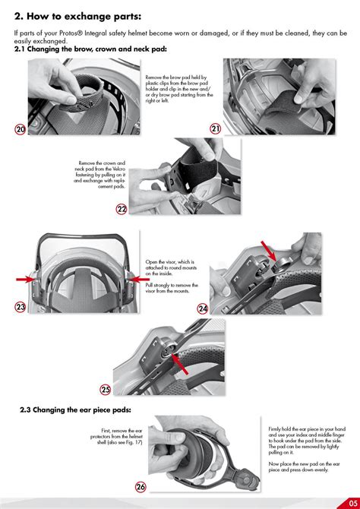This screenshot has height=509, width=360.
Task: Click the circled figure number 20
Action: pyautogui.click(x=21, y=129)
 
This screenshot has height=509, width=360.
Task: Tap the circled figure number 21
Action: pyautogui.click(x=215, y=128)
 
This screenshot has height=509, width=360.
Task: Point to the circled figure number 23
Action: pyautogui.click(x=21, y=307)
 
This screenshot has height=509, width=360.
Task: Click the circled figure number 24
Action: pyautogui.click(x=203, y=308)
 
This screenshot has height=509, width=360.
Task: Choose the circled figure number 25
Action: pyautogui.click(x=106, y=390)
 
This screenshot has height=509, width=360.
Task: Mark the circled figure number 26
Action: pyautogui.click(x=141, y=486)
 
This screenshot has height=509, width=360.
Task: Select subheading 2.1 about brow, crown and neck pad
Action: pyautogui.click(x=91, y=49)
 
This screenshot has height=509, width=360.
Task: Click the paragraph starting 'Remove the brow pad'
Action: pyautogui.click(x=178, y=90)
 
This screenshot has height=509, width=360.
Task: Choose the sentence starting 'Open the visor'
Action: pyautogui.click(x=172, y=266)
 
